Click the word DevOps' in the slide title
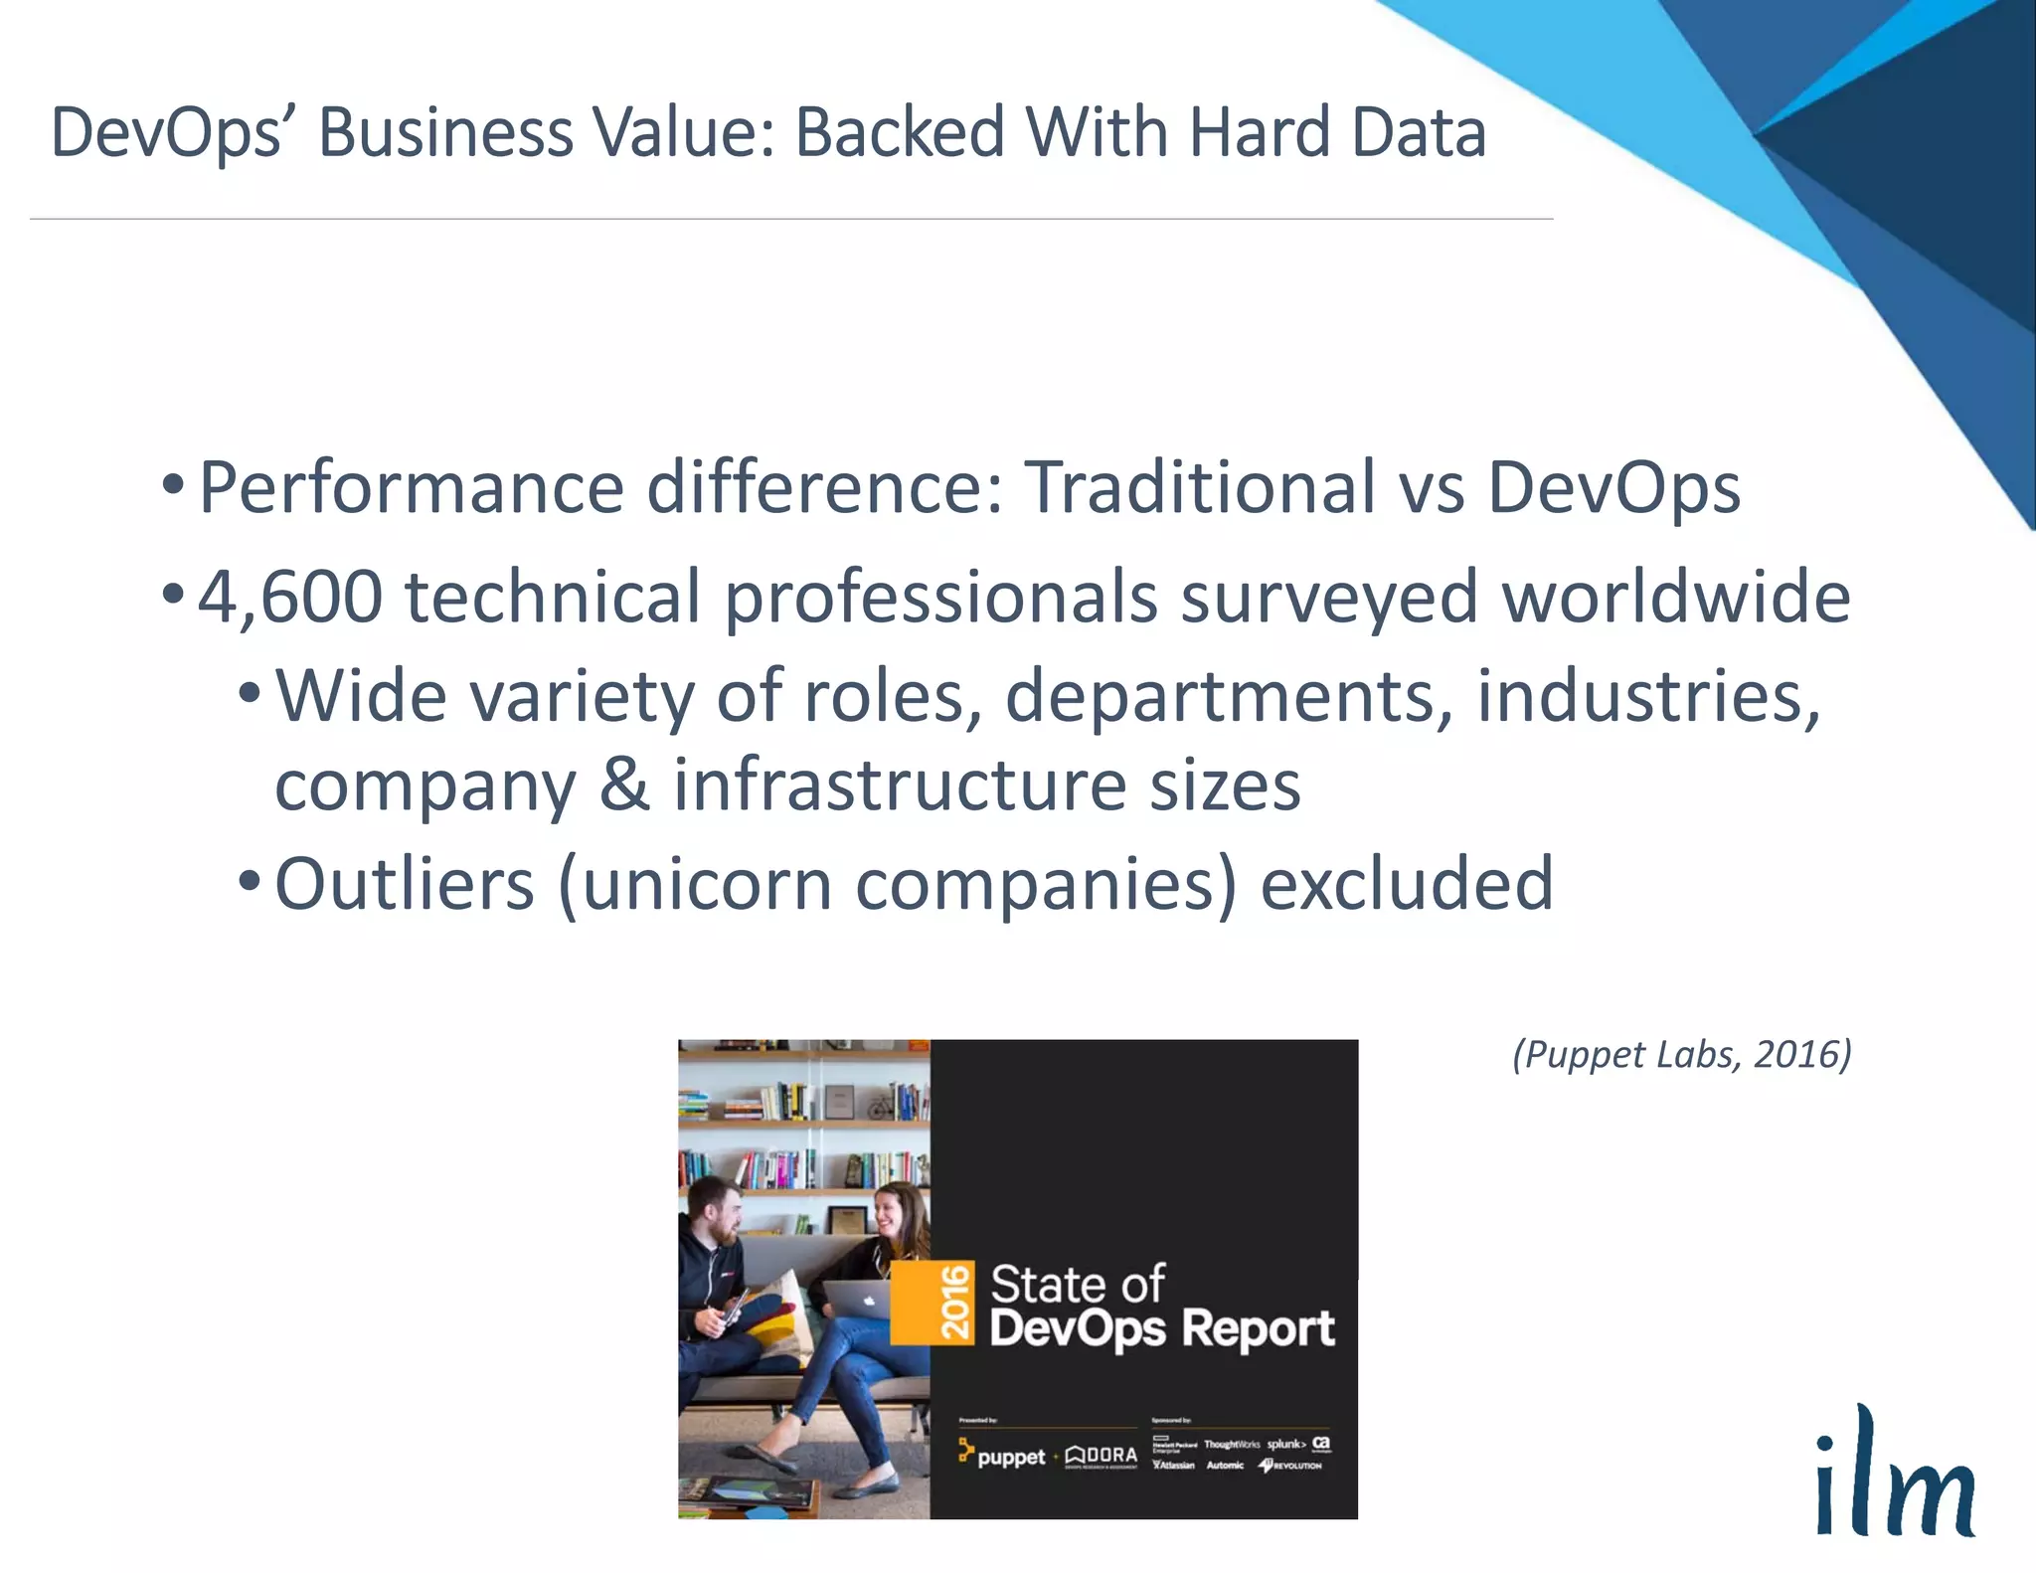click(167, 134)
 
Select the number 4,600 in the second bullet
click(289, 598)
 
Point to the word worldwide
click(1676, 598)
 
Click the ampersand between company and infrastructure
click(623, 785)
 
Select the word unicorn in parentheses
click(707, 884)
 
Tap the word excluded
click(1406, 884)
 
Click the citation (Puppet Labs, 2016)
click(1681, 1054)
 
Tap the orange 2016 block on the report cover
click(933, 1302)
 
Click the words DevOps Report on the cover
click(1161, 1329)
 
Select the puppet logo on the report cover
click(1002, 1456)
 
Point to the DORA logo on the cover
click(1102, 1456)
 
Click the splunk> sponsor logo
click(1285, 1444)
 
